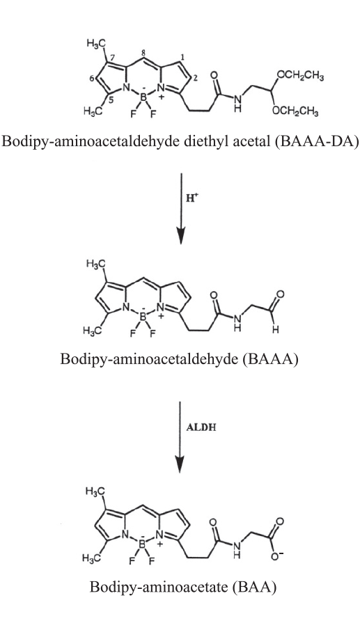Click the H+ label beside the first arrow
193,199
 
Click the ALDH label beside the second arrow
201,427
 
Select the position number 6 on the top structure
92,79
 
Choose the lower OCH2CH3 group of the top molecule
296,111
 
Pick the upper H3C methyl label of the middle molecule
95,264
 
